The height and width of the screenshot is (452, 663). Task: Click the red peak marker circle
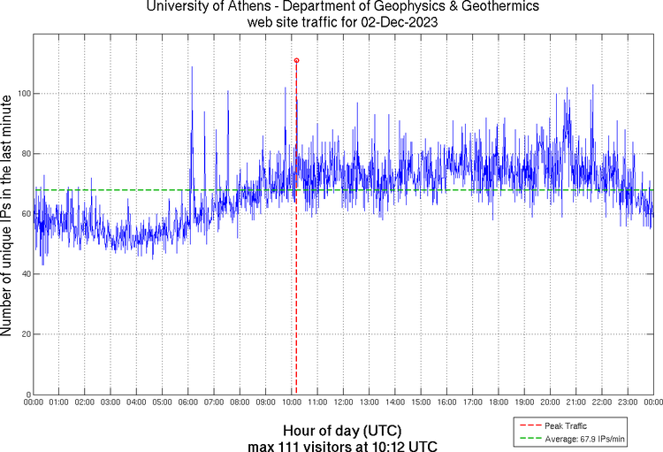[296, 60]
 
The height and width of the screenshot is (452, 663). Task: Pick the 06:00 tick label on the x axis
[188, 402]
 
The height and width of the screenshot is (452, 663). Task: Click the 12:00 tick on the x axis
[343, 402]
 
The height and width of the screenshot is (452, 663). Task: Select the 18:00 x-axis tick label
[498, 402]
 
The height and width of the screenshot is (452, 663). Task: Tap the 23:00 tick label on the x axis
[627, 402]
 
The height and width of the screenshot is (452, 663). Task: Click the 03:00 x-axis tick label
[110, 402]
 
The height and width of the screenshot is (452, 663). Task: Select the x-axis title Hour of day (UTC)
[342, 430]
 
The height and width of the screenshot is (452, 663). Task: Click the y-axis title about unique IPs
[8, 217]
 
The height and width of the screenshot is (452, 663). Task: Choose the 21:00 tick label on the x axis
[575, 402]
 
